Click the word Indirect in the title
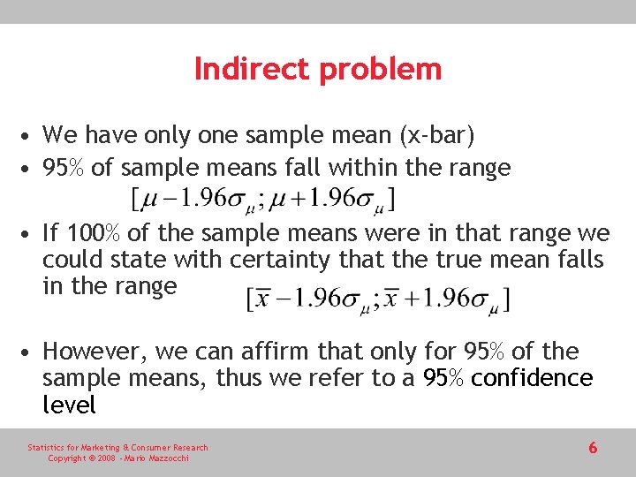tap(249, 69)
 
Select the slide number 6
tap(593, 448)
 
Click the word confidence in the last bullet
tap(533, 378)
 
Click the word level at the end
tap(69, 405)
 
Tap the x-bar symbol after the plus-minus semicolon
tap(392, 298)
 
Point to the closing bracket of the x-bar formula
tap(505, 298)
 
